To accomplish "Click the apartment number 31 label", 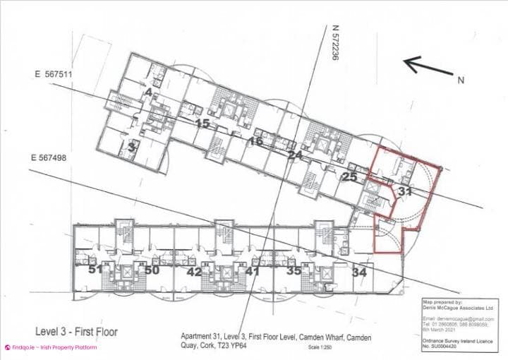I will pos(405,191).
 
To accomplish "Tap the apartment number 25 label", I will pos(349,177).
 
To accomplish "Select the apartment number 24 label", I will pos(296,155).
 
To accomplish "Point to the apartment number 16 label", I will pos(255,142).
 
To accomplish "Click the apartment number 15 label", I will pos(202,124).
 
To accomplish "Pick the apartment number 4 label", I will pos(148,91).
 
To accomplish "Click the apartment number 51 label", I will pos(96,270).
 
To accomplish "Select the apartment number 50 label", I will pos(152,270).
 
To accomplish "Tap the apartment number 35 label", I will pos(294,270).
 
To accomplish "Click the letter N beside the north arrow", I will pos(461,80).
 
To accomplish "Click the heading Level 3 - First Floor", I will pos(76,331).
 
